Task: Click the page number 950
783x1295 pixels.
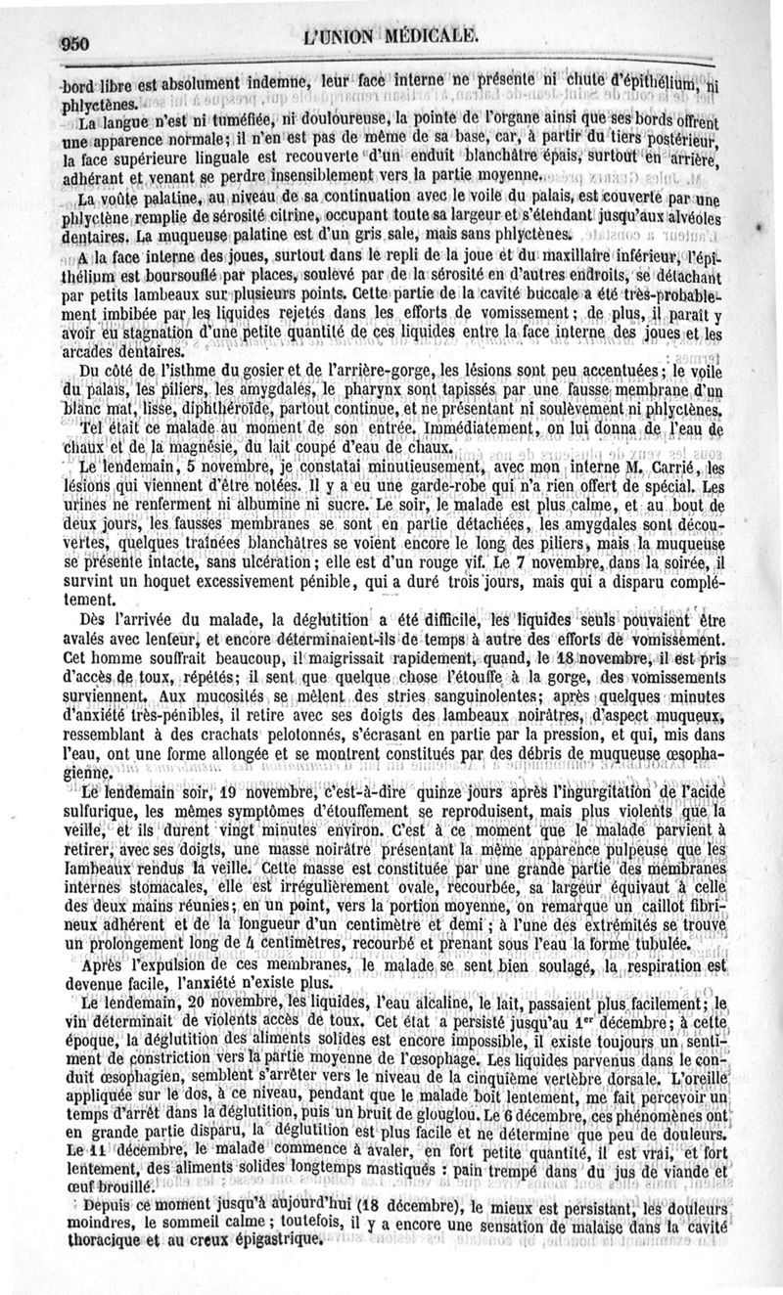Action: click(x=75, y=40)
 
